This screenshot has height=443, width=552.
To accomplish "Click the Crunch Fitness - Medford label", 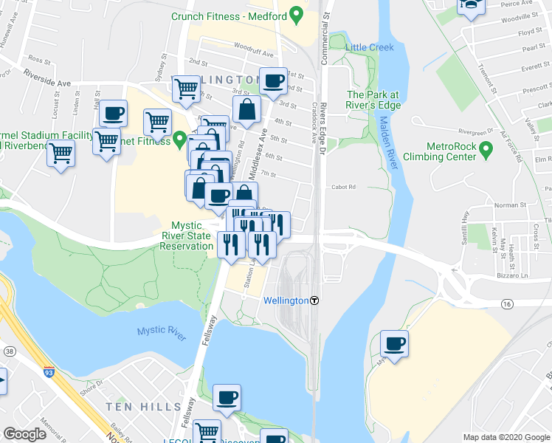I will click(229, 16).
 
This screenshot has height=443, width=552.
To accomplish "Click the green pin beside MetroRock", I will click(486, 151).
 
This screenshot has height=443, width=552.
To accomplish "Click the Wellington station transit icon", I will click(315, 301).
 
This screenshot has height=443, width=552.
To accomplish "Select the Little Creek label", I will click(370, 47).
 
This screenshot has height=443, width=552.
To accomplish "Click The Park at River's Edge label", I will click(373, 100).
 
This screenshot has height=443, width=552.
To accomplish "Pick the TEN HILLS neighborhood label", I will click(142, 407).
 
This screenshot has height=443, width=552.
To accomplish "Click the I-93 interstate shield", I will click(49, 373).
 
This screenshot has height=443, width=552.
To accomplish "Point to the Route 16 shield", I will click(507, 303).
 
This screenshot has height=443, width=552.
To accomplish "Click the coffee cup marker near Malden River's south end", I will click(394, 343).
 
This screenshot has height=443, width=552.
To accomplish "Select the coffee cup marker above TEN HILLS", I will click(227, 398).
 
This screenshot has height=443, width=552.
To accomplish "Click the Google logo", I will click(25, 434).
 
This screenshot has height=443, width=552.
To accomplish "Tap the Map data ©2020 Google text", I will click(506, 437).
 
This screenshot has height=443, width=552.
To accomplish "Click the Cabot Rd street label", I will click(343, 187).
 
